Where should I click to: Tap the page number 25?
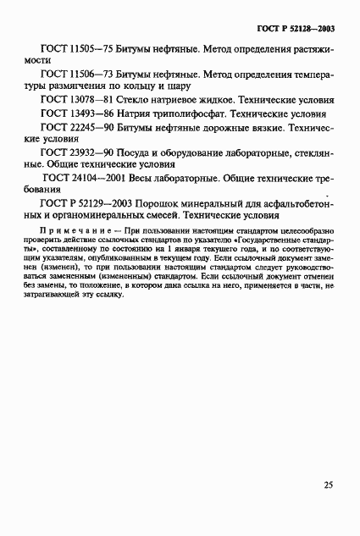(x=328, y=486)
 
